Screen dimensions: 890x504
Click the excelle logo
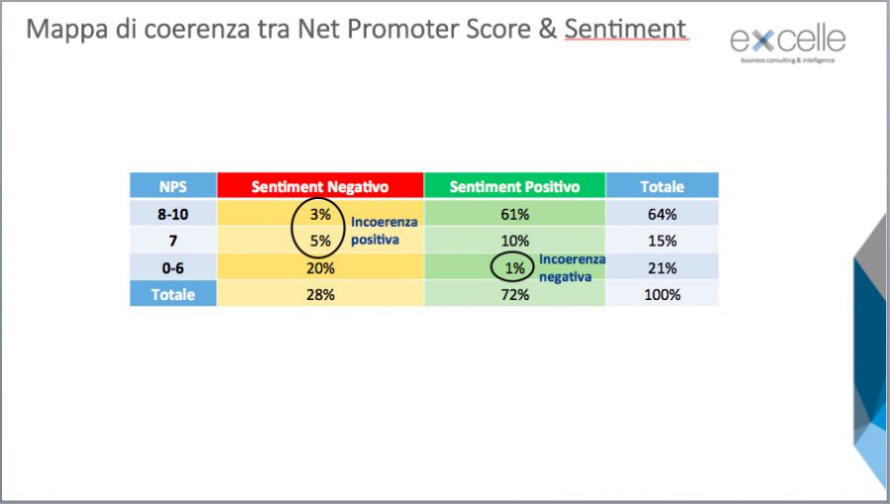[x=788, y=44]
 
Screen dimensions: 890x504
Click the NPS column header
[x=173, y=186]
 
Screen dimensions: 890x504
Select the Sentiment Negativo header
[x=320, y=186]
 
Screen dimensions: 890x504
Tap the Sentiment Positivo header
[x=515, y=186]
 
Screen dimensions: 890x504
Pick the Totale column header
[x=663, y=186]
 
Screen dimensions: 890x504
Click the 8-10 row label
[x=173, y=214]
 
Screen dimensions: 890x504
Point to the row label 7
[x=173, y=241]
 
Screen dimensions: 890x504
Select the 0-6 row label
[x=173, y=267]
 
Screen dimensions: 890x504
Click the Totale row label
[x=173, y=294]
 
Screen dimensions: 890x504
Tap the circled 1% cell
[x=515, y=267]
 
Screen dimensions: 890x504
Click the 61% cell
[x=515, y=214]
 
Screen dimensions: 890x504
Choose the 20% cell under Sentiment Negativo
[x=320, y=267]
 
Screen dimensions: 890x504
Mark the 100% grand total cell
[x=663, y=294]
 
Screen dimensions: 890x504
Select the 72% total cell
[x=515, y=294]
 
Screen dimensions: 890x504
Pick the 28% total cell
[x=320, y=294]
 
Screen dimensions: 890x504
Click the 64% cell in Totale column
[x=663, y=214]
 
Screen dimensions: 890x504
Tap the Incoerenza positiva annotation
[x=385, y=230]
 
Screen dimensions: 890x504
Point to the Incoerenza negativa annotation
[x=573, y=267]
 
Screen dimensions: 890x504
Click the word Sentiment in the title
[x=626, y=29]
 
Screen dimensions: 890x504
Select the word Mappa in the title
[x=67, y=30]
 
